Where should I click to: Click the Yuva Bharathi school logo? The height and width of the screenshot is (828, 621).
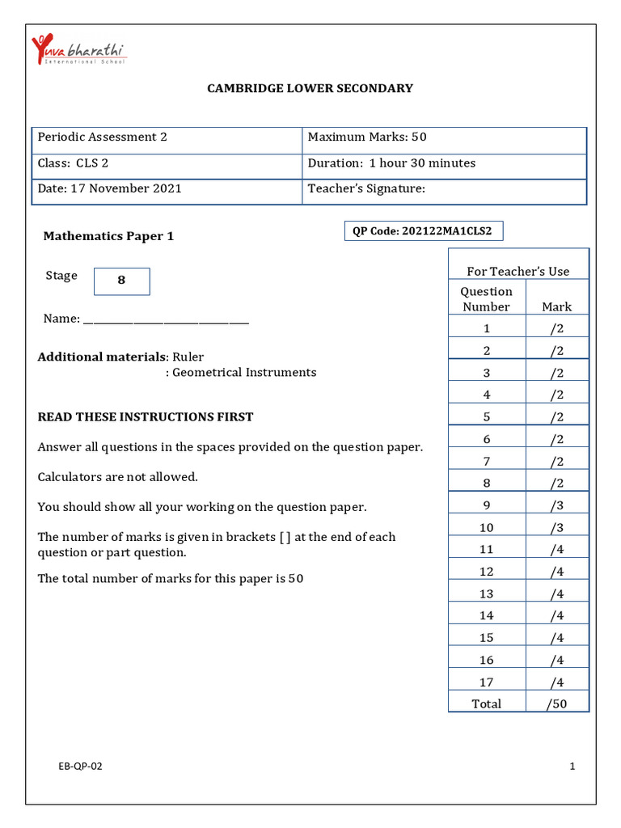tap(78, 50)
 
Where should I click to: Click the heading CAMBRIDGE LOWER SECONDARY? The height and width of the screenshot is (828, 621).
tap(310, 88)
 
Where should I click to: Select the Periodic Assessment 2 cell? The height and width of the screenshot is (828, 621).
tap(167, 137)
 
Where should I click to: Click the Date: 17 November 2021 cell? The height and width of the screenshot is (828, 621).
tap(167, 189)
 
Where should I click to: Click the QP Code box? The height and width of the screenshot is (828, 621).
tap(423, 231)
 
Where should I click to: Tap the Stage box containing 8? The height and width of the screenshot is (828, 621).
tap(122, 281)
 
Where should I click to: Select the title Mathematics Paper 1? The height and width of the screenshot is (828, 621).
tap(108, 236)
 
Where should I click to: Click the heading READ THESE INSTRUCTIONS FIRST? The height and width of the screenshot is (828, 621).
tap(146, 417)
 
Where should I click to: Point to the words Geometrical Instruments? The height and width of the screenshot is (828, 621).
tap(244, 373)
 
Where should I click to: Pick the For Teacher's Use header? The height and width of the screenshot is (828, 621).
tap(518, 272)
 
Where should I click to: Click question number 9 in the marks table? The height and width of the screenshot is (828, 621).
tap(487, 505)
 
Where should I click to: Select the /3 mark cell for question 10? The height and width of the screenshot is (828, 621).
tap(556, 527)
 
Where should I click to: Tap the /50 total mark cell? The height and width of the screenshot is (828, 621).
tap(556, 703)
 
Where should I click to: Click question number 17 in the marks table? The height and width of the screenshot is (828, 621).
tap(487, 682)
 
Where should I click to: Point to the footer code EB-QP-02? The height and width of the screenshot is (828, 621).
tap(80, 767)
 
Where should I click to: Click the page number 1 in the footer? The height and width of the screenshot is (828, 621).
tap(572, 767)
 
